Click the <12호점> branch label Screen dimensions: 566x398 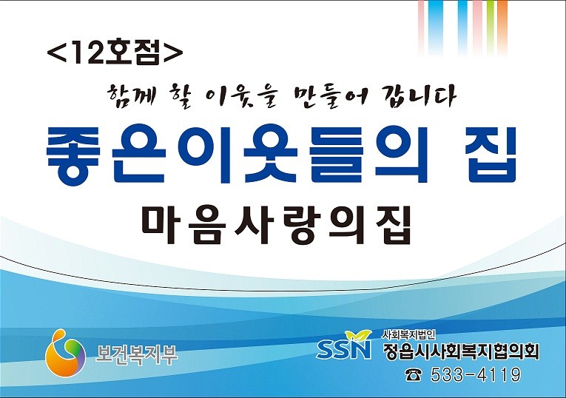pyautogui.click(x=115, y=53)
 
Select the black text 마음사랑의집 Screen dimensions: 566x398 pyautogui.click(x=276, y=225)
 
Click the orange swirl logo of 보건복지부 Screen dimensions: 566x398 pyautogui.click(x=65, y=353)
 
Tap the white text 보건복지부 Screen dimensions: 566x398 pyautogui.click(x=136, y=354)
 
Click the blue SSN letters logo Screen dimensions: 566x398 pyautogui.click(x=343, y=349)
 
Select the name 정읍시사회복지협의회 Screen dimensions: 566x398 pyautogui.click(x=461, y=350)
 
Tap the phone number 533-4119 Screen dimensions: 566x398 pyautogui.click(x=476, y=374)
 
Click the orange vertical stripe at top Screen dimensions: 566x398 pyautogui.click(x=502, y=27)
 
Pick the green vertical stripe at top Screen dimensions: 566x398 pyautogui.click(x=491, y=27)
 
